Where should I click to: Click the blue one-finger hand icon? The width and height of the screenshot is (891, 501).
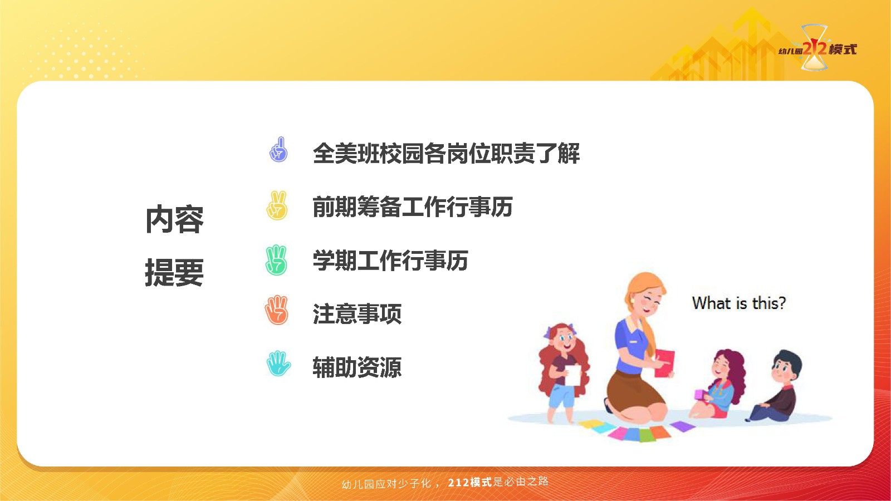(x=278, y=150)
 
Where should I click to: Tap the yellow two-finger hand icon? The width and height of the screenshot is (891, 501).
(x=277, y=205)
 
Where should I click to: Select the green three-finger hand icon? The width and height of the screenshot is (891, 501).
(x=276, y=261)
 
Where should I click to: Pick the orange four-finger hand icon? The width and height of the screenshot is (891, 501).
(x=276, y=310)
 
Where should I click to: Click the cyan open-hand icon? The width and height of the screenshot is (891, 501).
(x=278, y=364)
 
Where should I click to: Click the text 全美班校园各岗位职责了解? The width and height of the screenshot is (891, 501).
(x=446, y=154)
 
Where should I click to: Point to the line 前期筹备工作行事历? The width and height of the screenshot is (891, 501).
(x=413, y=207)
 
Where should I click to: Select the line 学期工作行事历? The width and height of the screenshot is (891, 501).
(x=390, y=261)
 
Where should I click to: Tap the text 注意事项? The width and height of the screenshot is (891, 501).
(x=357, y=314)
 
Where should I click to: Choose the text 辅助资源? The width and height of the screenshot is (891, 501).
(x=357, y=367)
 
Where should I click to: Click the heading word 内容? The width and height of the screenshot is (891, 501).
(x=175, y=219)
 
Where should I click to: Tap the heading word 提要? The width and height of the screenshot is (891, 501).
(x=175, y=272)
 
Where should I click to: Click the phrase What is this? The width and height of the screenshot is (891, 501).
(x=739, y=303)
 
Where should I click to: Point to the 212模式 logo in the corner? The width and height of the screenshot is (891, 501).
(x=817, y=48)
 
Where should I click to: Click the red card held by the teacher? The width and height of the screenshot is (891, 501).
(x=665, y=363)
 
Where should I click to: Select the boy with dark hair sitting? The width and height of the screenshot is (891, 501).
(x=776, y=386)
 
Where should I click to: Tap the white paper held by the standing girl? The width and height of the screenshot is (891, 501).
(x=573, y=375)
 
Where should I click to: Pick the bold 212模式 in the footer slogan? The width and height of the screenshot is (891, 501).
(x=470, y=482)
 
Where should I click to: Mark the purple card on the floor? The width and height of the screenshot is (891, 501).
(x=683, y=426)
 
